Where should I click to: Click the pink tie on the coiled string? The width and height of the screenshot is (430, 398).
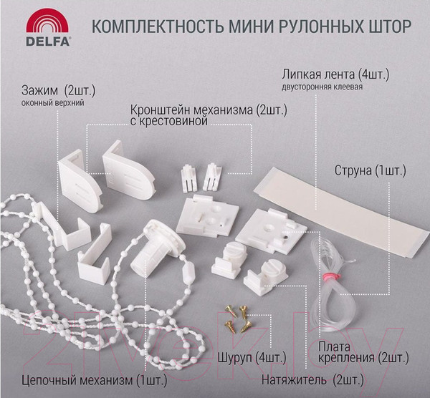330,276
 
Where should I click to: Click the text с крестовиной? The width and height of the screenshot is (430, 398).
169,122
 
